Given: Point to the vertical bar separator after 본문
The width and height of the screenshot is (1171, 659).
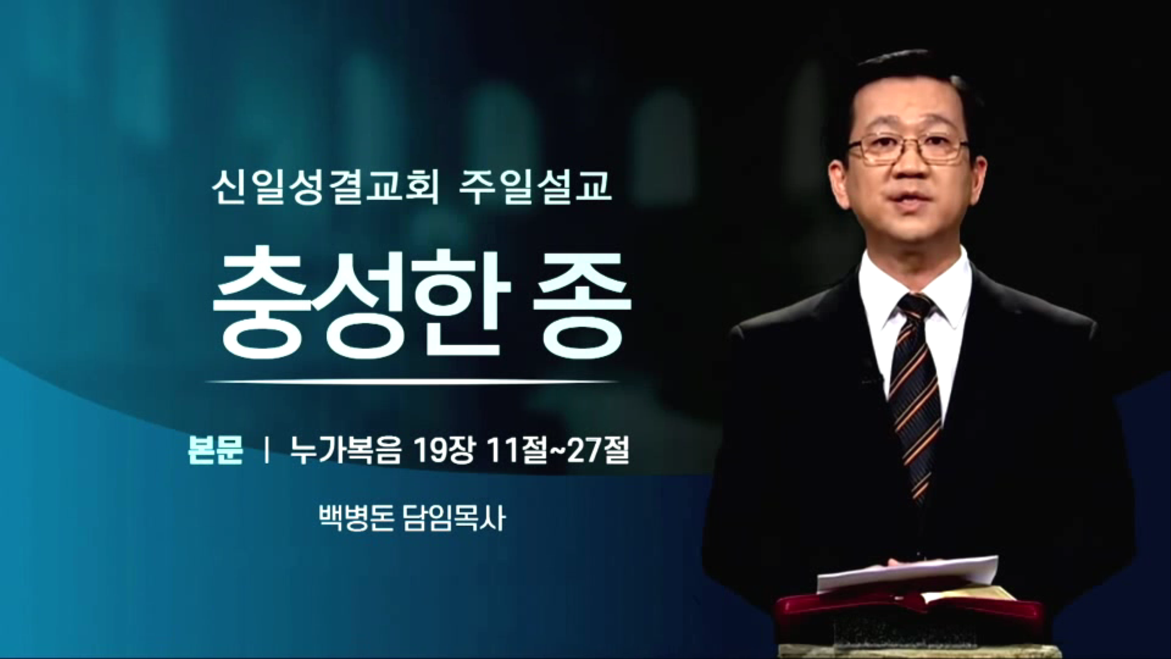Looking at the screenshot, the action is (266, 452).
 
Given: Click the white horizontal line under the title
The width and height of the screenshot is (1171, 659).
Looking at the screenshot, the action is (412, 382).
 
